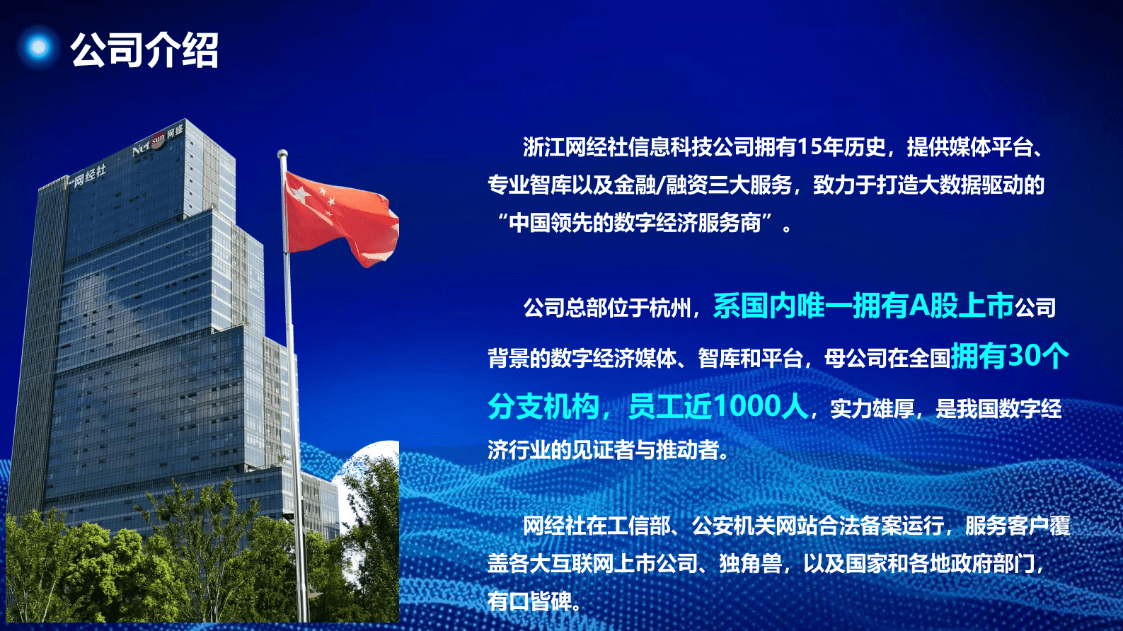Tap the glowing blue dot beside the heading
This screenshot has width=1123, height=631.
pos(39,47)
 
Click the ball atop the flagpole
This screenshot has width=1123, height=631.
pos(282,154)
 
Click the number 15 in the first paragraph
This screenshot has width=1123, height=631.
pos(809,147)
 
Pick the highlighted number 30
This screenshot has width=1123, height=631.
pos(1024,356)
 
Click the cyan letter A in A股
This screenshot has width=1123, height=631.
pos(918,306)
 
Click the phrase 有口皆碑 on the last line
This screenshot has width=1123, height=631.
pos(529,601)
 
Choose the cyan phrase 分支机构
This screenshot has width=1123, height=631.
pos(543,407)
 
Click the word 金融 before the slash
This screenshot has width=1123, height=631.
pos(635,185)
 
